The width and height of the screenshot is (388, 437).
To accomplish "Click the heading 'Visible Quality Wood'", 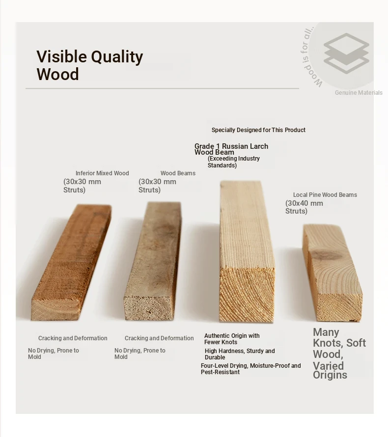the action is [x=90, y=65].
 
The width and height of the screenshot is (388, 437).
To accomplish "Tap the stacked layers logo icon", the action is [x=346, y=54].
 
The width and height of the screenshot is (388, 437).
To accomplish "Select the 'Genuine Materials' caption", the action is [x=359, y=92].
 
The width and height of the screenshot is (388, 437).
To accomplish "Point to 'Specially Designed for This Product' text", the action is [x=258, y=130].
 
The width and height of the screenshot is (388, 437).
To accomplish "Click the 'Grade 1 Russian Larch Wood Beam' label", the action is [x=231, y=149].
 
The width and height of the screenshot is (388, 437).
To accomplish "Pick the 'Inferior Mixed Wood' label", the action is [x=102, y=173].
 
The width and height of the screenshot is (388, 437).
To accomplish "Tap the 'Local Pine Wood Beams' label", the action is [x=325, y=195].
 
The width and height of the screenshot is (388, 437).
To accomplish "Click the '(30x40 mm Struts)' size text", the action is [x=304, y=207].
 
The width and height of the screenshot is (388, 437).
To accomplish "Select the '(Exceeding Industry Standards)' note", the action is [x=234, y=162].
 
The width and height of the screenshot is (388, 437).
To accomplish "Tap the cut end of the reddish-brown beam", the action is [x=55, y=309].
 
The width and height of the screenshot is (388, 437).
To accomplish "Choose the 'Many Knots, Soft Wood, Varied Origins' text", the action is [x=339, y=354].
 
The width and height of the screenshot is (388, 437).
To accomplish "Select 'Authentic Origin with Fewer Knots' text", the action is [x=232, y=339].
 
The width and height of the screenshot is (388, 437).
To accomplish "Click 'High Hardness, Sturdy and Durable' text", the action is [x=240, y=354].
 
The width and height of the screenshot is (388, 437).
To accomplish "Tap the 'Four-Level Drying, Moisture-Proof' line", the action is [x=251, y=366].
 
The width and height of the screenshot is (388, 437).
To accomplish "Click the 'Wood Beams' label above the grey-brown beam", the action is [x=178, y=173].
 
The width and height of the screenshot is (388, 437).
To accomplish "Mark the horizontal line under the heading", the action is [x=162, y=88].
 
